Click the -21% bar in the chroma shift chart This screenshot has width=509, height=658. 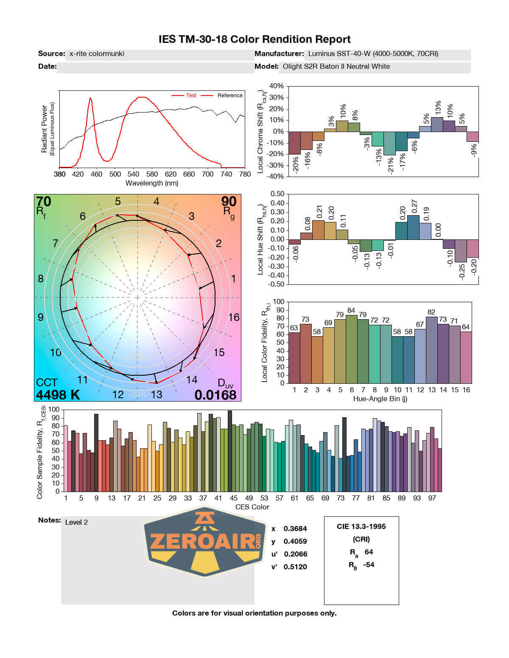tap(389, 143)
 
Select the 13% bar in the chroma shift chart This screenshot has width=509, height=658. tap(437, 124)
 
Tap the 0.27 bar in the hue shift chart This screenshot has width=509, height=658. tap(413, 228)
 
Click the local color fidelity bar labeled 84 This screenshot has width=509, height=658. tap(352, 349)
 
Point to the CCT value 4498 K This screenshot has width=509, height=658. tap(58, 395)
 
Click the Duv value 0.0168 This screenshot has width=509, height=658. tap(215, 395)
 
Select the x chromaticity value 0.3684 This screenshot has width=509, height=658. tap(295, 529)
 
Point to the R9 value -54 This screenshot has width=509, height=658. tap(369, 565)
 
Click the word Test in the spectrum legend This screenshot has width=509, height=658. tap(191, 96)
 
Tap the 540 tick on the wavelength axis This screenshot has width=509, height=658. tap(133, 174)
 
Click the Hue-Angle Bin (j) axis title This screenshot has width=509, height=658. tap(380, 399)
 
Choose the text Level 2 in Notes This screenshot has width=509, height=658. tap(76, 522)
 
